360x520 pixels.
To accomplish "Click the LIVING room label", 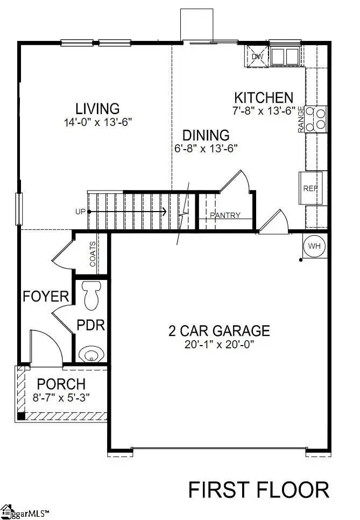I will (97, 109).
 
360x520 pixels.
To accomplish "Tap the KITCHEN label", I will (264, 97).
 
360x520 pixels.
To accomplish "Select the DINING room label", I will (206, 135).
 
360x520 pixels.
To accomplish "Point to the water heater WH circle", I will (315, 246).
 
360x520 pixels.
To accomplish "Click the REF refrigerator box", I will (310, 188).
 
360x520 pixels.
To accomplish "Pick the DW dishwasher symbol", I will (257, 56).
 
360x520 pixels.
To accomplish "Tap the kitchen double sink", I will (285, 56).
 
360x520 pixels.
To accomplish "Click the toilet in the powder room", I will (92, 294).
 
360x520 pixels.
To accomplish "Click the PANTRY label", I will (225, 216).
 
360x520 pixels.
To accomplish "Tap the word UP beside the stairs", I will (81, 212).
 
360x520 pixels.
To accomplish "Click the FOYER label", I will (46, 296).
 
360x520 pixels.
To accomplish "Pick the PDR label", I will (90, 326).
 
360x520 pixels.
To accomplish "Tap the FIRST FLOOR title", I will (258, 490).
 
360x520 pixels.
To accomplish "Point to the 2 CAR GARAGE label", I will (218, 331).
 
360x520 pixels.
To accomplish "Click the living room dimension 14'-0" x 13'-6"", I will (97, 122).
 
